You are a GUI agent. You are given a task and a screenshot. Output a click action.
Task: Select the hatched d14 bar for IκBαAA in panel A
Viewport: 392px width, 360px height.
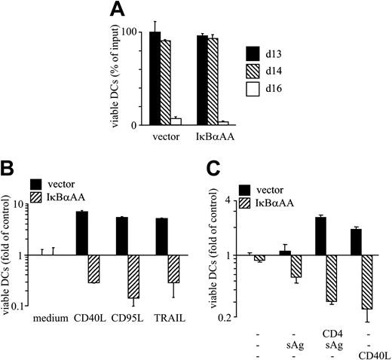point(213,81)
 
